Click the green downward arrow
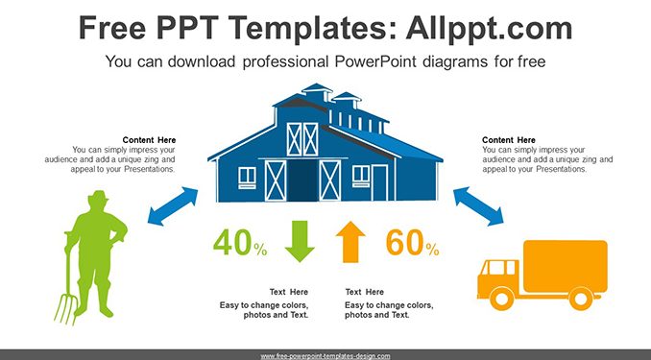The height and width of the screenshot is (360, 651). point(300,241)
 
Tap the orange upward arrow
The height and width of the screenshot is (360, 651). point(350,242)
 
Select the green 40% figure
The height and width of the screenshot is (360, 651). point(240,242)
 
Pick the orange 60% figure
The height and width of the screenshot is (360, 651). point(412,242)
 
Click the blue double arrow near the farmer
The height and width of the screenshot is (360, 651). point(173,206)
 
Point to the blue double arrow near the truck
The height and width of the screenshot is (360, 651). point(478,206)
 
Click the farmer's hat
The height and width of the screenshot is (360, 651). point(98,196)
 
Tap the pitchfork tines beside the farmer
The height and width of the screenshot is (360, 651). point(65,308)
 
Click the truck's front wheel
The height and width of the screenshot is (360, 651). point(501,299)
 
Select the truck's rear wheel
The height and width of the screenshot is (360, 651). point(580,299)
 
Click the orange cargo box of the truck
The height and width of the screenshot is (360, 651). point(566,266)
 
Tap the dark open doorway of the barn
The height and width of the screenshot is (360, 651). point(303,180)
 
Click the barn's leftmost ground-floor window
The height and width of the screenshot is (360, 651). point(247,178)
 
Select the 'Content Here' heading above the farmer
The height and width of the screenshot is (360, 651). point(149,140)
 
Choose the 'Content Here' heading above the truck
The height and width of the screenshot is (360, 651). point(509,140)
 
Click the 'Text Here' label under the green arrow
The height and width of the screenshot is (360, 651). point(289,292)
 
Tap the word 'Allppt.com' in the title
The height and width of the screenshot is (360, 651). point(489,28)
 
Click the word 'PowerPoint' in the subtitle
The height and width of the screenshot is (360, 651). point(374,61)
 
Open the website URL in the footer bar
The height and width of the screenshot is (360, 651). point(325,356)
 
